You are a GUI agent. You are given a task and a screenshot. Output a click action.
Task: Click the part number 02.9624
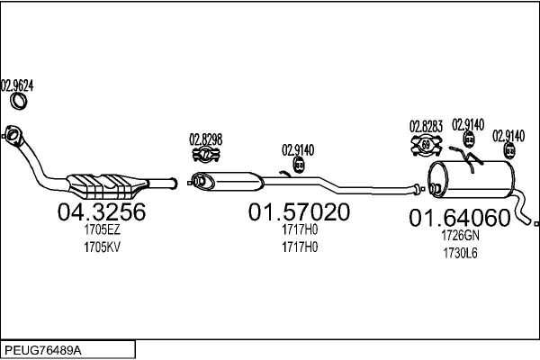[17, 85]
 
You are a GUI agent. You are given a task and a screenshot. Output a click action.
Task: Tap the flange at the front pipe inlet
[13, 136]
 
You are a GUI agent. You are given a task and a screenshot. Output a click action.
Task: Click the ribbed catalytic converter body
[106, 186]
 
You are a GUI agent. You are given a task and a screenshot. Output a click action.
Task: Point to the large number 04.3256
[102, 211]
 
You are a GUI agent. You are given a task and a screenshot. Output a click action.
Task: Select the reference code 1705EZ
[102, 229]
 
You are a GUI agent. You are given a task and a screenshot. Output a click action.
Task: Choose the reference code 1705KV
[102, 247]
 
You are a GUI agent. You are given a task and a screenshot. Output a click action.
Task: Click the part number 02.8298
[205, 139]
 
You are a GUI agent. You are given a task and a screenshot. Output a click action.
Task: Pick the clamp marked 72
[206, 154]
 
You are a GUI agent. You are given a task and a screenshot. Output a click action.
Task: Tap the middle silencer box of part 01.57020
[228, 181]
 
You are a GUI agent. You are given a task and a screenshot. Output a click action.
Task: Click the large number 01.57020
[299, 211]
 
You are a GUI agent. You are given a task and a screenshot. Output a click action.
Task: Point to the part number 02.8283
[426, 126]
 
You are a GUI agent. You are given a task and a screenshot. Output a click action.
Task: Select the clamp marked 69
[427, 145]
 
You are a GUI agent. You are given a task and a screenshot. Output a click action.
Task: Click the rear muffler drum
[472, 179]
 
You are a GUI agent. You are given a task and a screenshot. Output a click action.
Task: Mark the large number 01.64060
[459, 218]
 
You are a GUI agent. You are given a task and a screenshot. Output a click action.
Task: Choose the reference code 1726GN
[460, 236]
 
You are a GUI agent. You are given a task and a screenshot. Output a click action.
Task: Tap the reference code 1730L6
[460, 253]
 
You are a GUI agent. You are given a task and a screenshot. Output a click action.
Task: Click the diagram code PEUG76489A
[43, 350]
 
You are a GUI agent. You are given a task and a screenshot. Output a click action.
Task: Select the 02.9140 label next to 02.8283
[468, 125]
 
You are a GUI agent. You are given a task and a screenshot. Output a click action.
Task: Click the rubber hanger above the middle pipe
[299, 165]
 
